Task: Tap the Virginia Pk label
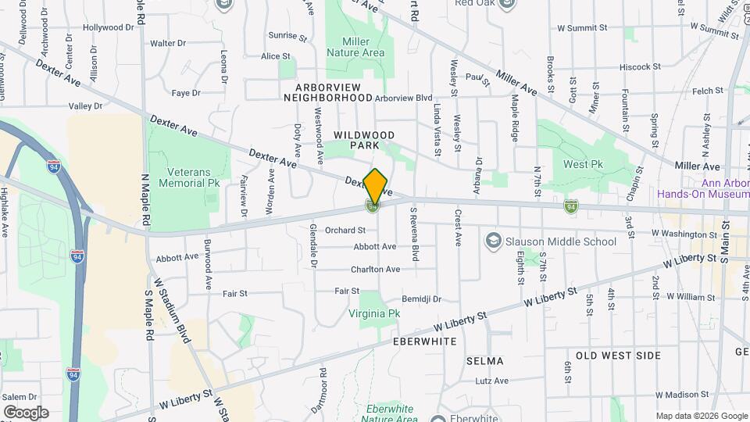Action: coord(374,313)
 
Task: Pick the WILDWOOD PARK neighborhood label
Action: coord(363,141)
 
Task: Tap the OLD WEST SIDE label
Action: coord(618,356)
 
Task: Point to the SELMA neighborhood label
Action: coord(484,361)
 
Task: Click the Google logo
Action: coord(25,413)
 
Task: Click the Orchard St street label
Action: coord(345,231)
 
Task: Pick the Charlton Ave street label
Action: coord(376,270)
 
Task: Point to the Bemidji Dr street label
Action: coord(422,299)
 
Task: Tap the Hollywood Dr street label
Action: coord(109,27)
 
